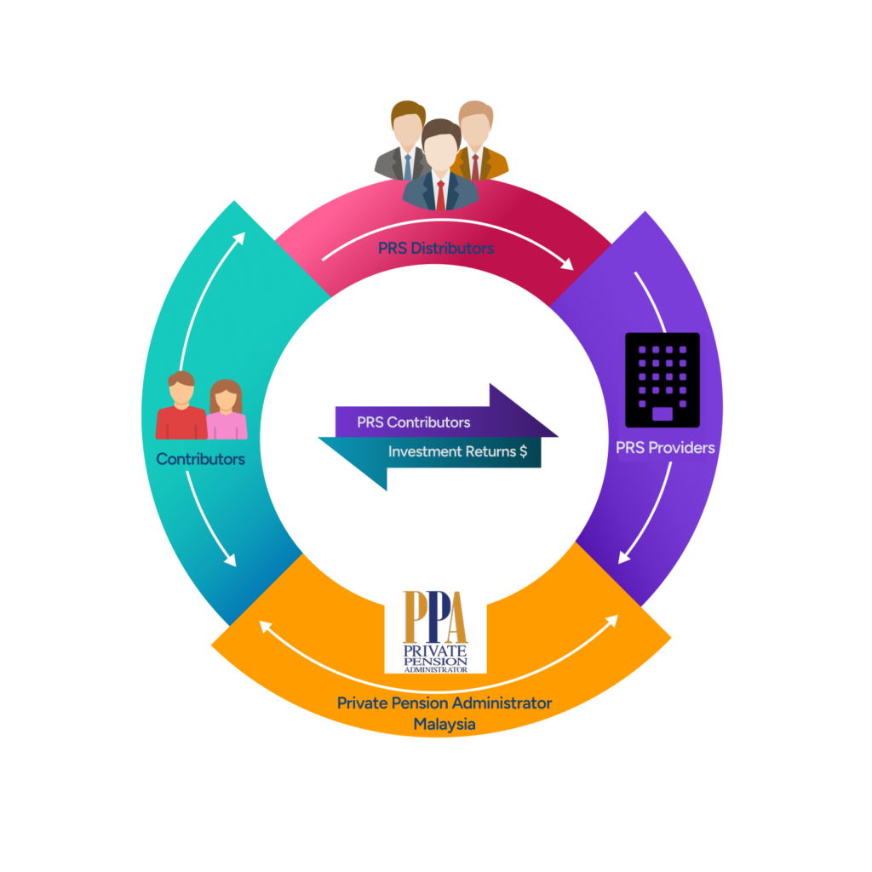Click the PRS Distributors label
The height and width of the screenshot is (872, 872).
click(x=436, y=250)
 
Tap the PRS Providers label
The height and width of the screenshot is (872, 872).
click(x=665, y=447)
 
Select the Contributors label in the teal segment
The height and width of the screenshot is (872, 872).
click(x=200, y=459)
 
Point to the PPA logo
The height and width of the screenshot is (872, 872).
click(x=436, y=631)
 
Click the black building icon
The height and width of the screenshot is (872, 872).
click(x=662, y=380)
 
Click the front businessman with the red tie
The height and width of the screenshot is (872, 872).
click(x=440, y=166)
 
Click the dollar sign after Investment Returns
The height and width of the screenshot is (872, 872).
click(x=523, y=452)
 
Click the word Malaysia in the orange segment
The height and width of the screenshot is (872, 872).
click(x=444, y=725)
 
